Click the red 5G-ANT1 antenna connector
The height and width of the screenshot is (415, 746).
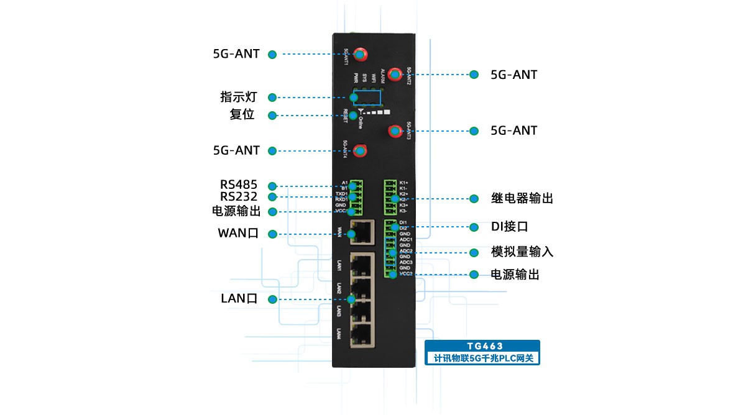pyautogui.click(x=360, y=53)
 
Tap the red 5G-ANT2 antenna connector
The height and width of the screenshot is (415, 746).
pyautogui.click(x=394, y=75)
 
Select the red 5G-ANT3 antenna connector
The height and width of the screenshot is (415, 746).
pyautogui.click(x=394, y=130)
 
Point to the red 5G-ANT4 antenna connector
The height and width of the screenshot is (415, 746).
pyautogui.click(x=360, y=150)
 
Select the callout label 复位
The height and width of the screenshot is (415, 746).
pyautogui.click(x=242, y=115)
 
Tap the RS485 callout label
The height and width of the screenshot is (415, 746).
pyautogui.click(x=239, y=185)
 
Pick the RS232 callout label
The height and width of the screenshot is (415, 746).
pyautogui.click(x=239, y=197)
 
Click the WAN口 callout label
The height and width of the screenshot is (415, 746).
pyautogui.click(x=238, y=234)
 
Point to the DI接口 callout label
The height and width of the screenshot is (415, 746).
pyautogui.click(x=509, y=227)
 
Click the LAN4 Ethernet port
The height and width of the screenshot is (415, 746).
pyautogui.click(x=361, y=335)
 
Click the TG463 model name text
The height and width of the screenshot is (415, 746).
pyautogui.click(x=482, y=346)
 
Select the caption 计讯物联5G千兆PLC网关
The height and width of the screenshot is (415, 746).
pyautogui.click(x=482, y=358)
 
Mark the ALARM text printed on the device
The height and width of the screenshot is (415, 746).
pyautogui.click(x=383, y=78)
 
